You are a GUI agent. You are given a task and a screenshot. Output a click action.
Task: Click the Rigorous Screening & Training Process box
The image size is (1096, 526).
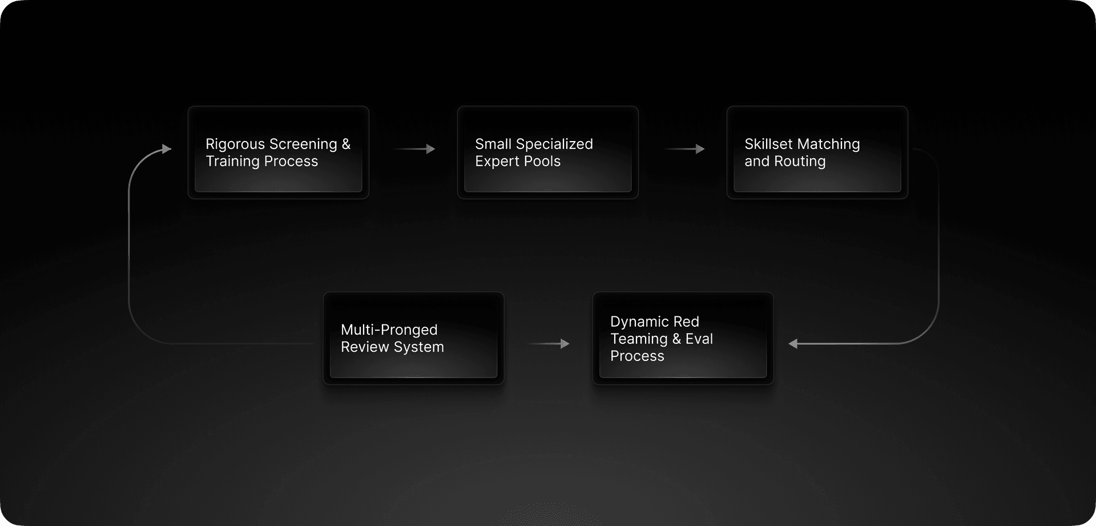(x=279, y=152)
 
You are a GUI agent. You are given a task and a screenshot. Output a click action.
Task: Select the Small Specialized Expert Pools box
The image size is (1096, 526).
(x=548, y=152)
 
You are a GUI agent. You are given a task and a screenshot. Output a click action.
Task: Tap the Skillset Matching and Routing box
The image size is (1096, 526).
(x=817, y=152)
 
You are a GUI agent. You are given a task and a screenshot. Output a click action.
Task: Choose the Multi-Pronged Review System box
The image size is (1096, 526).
(x=414, y=338)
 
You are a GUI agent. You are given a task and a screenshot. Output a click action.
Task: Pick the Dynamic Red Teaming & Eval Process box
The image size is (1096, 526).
(x=683, y=338)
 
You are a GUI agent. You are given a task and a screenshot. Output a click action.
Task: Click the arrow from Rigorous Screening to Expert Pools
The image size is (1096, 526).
(x=415, y=149)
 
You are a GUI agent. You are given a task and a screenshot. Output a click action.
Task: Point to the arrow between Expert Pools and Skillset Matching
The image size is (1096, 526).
(x=684, y=149)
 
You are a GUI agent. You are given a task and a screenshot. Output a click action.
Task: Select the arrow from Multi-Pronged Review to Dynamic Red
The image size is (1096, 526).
(x=549, y=344)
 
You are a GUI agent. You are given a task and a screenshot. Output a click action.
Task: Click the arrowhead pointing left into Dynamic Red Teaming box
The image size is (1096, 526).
(x=793, y=344)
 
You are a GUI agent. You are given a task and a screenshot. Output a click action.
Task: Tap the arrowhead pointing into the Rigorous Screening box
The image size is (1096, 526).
(x=167, y=149)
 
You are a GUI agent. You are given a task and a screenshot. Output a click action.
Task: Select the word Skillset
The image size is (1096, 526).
(x=767, y=144)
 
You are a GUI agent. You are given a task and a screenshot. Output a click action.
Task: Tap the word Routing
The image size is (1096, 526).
(x=800, y=162)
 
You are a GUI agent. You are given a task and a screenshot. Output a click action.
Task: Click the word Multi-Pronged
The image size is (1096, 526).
(x=389, y=330)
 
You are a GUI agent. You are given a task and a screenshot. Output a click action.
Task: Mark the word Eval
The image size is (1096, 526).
(x=699, y=339)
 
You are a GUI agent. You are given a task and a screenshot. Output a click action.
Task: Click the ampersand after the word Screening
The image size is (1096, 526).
(x=346, y=144)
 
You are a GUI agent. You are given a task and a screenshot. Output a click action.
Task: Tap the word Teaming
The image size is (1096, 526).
(x=639, y=339)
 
